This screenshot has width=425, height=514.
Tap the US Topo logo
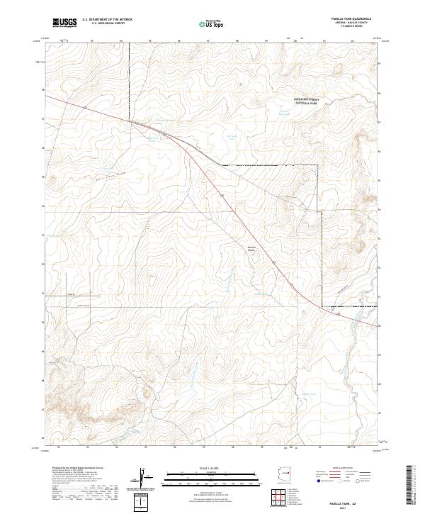pyautogui.click(x=211, y=24)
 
